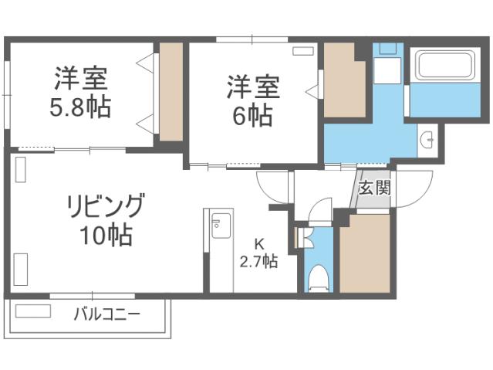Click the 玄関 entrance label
pos(375,188)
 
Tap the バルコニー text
pos(107,314)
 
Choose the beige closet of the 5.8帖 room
pos(171,91)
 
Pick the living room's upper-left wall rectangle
pos(20,169)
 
